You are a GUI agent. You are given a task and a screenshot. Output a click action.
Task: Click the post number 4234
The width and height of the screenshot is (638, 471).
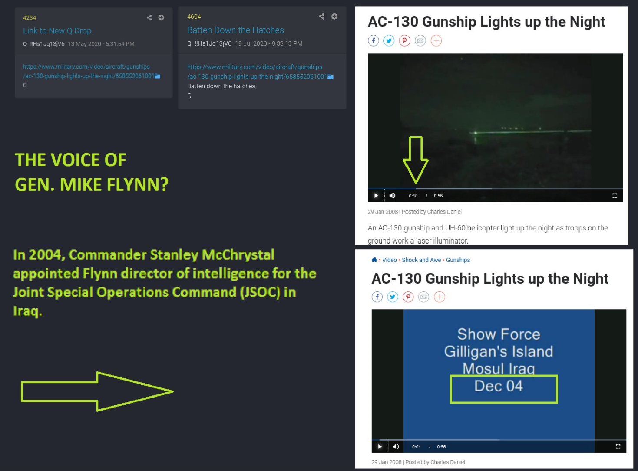tap(30, 18)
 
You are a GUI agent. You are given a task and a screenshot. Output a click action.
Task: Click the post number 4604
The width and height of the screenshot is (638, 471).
tap(194, 17)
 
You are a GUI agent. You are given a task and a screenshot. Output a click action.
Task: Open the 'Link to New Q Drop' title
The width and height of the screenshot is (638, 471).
tap(57, 31)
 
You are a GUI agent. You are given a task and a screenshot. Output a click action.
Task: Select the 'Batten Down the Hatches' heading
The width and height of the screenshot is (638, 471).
tap(235, 30)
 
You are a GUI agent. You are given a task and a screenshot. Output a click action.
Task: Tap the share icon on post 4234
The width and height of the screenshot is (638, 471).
tap(149, 18)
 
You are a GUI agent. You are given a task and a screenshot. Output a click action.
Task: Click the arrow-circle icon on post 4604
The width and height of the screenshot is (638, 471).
tap(334, 17)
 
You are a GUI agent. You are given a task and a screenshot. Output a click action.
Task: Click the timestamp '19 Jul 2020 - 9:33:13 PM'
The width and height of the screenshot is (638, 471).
tap(268, 43)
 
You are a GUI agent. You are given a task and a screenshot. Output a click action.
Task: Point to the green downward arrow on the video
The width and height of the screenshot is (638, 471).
tap(416, 160)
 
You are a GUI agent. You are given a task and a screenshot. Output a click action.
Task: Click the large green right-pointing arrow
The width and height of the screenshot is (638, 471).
tap(97, 391)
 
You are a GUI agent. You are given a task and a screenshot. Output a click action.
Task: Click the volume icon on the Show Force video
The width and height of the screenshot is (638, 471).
tap(396, 447)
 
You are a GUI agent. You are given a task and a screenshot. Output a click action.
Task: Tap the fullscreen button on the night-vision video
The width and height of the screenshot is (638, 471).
tap(615, 195)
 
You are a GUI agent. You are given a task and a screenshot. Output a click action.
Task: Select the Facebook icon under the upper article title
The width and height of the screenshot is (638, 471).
tap(374, 40)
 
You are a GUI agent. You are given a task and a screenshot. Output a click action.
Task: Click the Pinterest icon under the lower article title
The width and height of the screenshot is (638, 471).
tap(408, 297)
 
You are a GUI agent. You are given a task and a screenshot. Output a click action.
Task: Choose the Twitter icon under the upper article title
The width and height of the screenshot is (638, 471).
tap(389, 40)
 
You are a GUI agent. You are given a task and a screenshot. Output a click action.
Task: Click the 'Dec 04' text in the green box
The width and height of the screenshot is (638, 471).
tap(499, 386)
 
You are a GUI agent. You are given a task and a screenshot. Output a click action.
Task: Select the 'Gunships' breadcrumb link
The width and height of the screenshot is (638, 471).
tap(458, 260)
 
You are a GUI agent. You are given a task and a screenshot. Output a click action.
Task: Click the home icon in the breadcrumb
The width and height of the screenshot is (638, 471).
tap(374, 260)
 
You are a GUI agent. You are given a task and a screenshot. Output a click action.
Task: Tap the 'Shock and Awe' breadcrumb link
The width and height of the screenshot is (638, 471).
tap(421, 260)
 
